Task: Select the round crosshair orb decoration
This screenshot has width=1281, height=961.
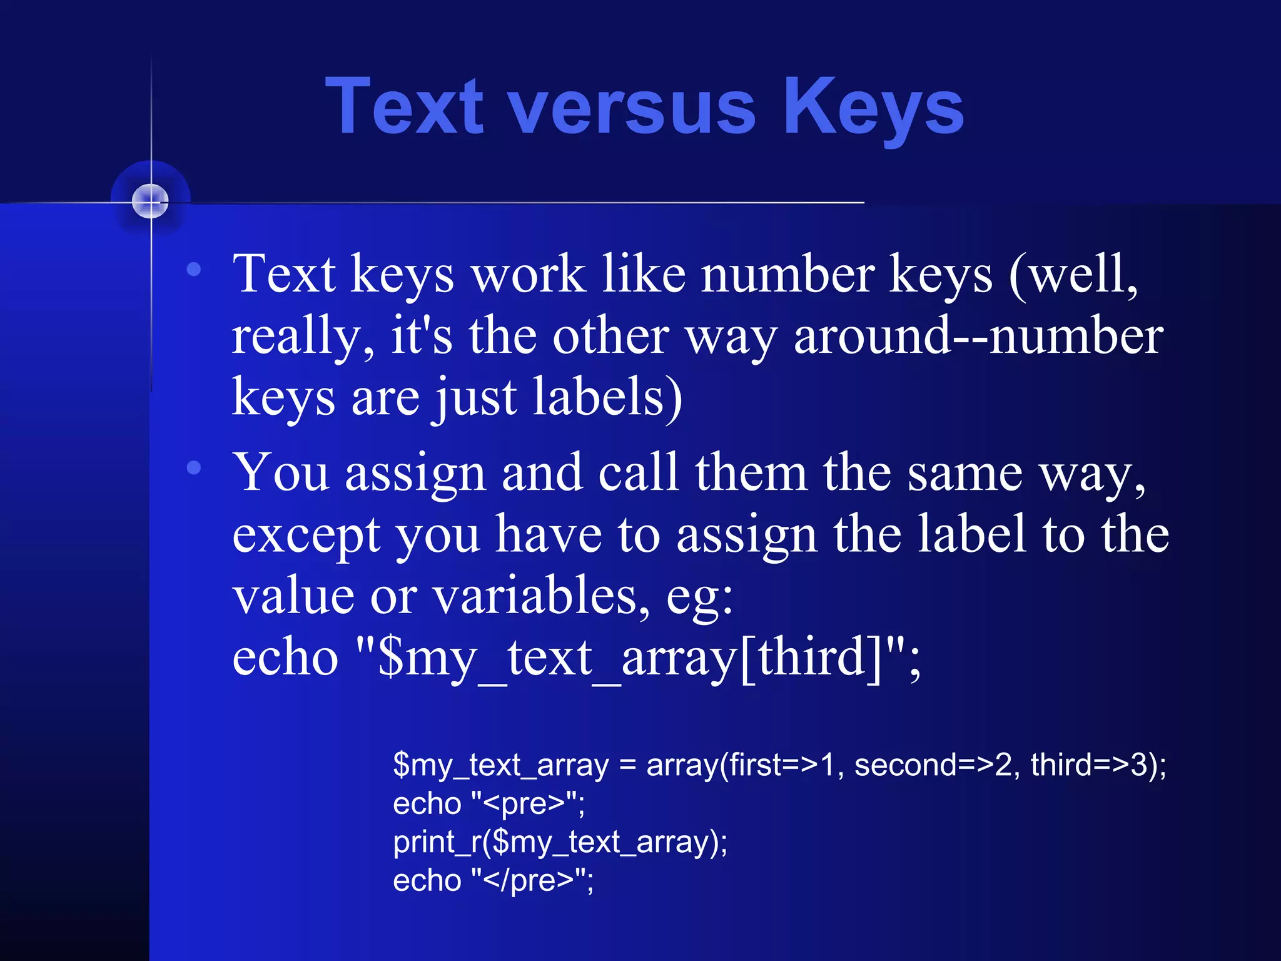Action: (151, 201)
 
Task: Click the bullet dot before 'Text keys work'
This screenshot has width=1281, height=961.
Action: (194, 269)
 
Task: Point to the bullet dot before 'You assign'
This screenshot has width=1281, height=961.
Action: (194, 467)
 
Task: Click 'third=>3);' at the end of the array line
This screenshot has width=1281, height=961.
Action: (1098, 765)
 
